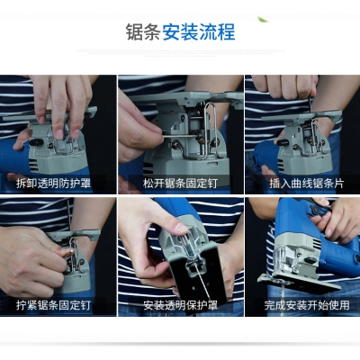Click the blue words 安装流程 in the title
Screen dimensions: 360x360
(199, 32)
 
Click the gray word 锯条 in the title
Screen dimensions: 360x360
(143, 32)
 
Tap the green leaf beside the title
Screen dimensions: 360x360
(263, 20)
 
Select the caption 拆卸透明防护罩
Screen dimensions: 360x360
(53, 184)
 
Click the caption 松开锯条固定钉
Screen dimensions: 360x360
(180, 184)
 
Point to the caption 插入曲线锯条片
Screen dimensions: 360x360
(307, 184)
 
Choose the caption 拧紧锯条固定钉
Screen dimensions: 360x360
(53, 305)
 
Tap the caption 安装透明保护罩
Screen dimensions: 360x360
(180, 305)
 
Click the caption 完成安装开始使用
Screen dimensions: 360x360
(307, 305)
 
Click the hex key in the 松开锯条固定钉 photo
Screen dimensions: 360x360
(181, 137)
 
